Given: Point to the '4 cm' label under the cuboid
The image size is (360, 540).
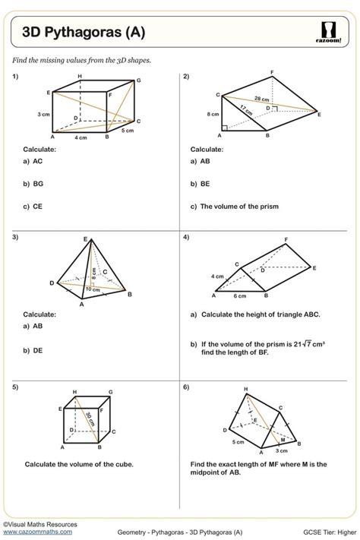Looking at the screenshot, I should [81, 138].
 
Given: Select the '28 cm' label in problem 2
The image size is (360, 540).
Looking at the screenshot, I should [261, 99].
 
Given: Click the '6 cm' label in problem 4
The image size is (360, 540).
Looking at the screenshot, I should [239, 295].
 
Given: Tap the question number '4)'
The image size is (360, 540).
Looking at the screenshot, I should [186, 237].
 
